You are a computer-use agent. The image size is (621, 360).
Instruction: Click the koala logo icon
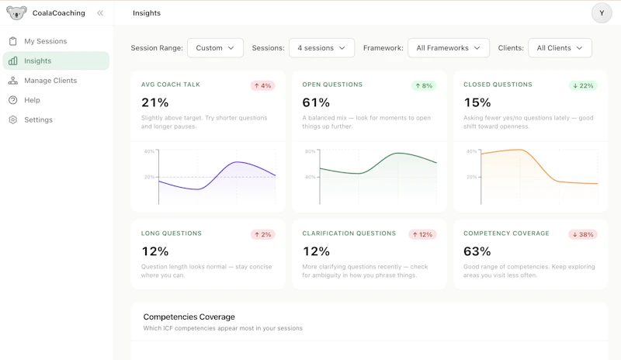pos(16,13)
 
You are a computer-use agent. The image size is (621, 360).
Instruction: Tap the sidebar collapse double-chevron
pos(100,13)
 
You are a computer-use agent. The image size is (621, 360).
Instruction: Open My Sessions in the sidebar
pos(45,41)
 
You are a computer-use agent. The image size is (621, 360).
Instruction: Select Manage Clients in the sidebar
pos(50,81)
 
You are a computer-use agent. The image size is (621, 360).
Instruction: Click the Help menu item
pos(32,100)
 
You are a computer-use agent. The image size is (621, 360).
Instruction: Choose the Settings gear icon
pos(13,119)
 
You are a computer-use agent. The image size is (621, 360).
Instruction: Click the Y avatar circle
pos(602,13)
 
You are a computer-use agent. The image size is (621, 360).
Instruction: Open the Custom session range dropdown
pos(215,48)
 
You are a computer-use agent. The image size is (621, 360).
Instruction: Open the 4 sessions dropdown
pos(321,48)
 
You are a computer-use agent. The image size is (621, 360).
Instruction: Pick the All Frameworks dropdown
pos(449,48)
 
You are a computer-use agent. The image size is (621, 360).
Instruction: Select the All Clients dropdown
pos(560,48)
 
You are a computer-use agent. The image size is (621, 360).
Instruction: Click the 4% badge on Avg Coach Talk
pos(262,85)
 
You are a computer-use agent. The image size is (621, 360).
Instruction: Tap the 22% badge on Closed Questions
pos(583,85)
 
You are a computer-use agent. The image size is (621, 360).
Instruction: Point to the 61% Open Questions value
pos(316,102)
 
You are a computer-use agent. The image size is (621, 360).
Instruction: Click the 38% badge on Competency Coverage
pos(583,234)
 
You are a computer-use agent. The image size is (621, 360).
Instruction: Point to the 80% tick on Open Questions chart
pos(310,151)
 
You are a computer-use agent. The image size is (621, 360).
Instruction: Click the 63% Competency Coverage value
pos(477,251)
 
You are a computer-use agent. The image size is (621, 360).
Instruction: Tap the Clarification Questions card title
pos(349,234)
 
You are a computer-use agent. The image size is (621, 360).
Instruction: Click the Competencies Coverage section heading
pos(189,317)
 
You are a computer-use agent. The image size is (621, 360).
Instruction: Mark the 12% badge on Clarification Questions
pos(422,234)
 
